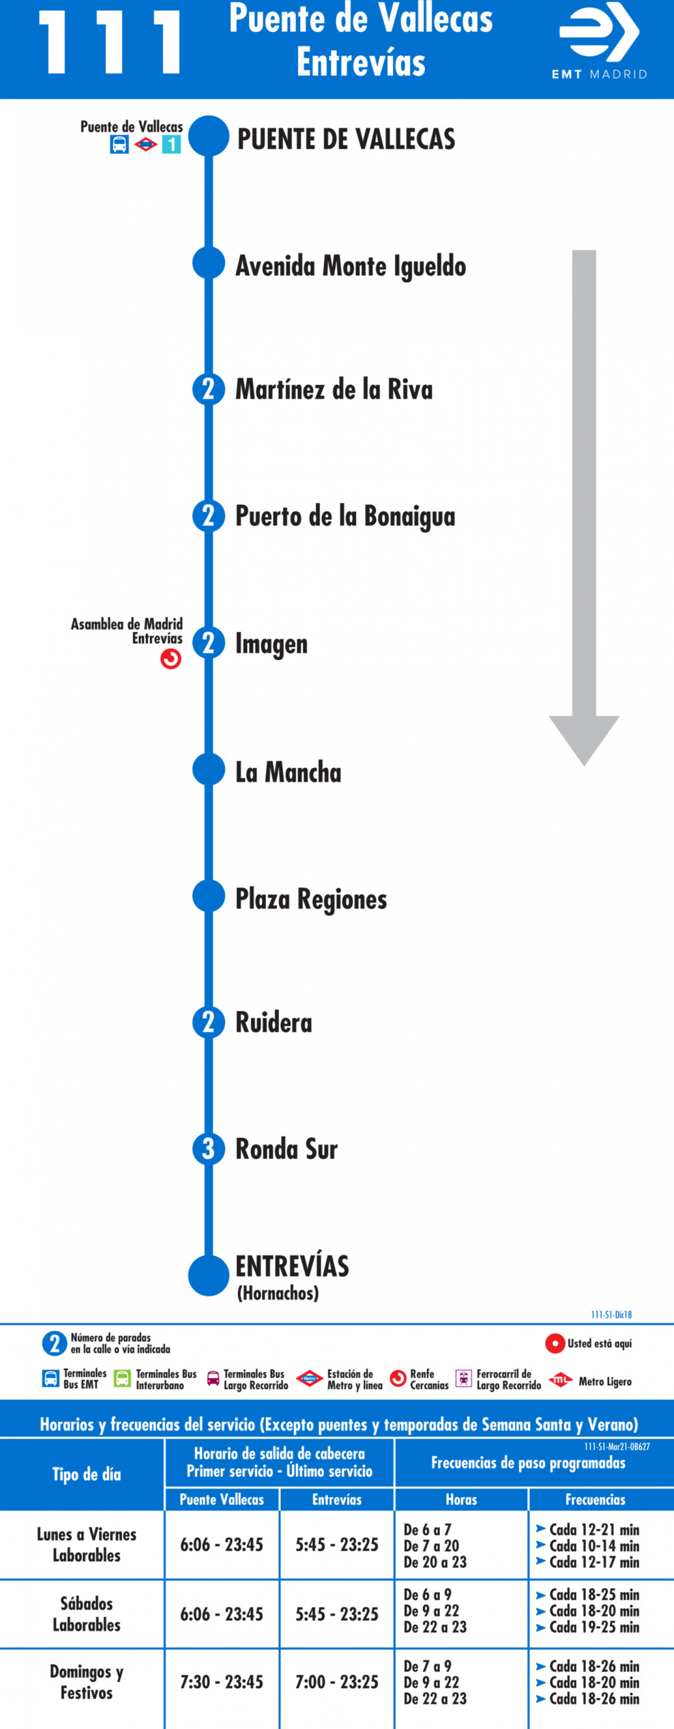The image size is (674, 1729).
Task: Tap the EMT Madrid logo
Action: (599, 41)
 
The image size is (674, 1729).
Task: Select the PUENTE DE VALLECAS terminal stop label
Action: (346, 139)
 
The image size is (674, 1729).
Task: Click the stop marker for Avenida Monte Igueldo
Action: (209, 263)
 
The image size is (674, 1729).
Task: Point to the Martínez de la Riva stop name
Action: (334, 389)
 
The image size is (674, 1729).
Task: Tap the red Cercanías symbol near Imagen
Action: (171, 659)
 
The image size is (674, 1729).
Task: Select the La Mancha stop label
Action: (288, 772)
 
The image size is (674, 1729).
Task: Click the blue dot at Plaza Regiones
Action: (209, 896)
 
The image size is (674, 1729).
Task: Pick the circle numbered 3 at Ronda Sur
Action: (209, 1149)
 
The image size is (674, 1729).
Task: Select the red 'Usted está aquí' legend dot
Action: (555, 1343)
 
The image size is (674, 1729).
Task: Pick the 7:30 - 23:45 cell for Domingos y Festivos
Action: (222, 1682)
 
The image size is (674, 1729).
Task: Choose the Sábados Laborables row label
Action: (87, 1614)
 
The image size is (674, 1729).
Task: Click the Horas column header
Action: (461, 1499)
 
